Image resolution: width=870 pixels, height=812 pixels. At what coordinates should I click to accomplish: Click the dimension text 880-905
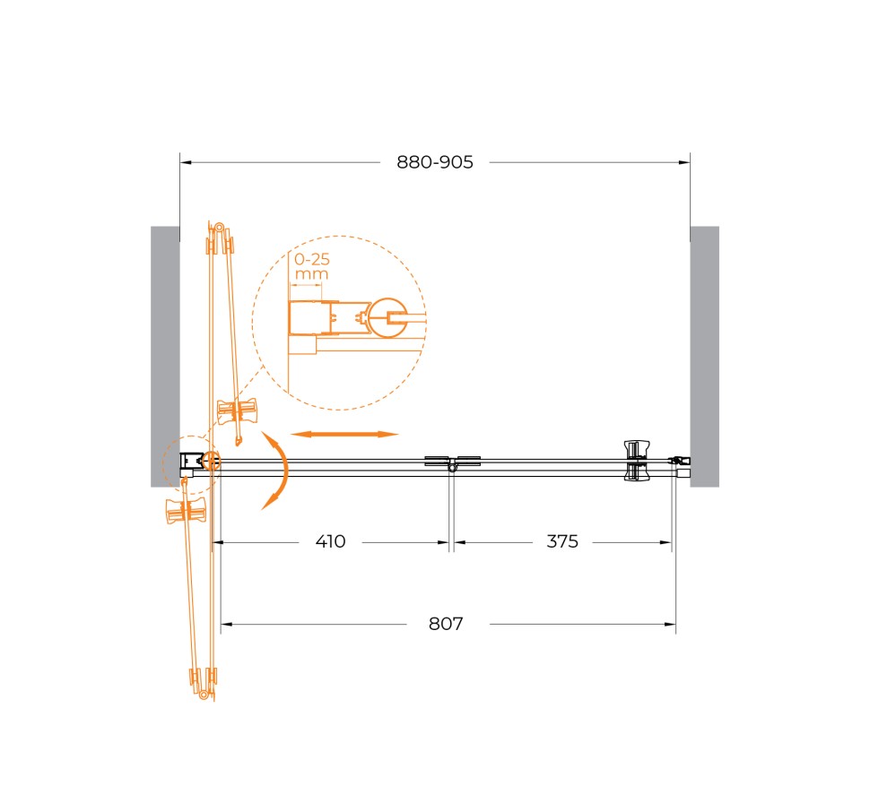[435, 162]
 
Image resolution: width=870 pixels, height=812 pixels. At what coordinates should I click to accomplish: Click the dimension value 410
[330, 542]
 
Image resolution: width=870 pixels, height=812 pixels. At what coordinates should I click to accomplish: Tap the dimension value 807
[445, 625]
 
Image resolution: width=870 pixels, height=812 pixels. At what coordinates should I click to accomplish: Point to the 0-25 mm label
[311, 267]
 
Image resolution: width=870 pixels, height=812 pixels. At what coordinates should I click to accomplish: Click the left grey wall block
[165, 356]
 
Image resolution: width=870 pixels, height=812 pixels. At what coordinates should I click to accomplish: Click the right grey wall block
[704, 356]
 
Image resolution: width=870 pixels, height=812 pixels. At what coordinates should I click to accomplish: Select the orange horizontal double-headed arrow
[344, 434]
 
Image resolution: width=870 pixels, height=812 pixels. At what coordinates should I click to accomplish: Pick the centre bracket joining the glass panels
[452, 463]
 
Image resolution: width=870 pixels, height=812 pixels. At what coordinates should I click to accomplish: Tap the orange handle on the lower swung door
[187, 510]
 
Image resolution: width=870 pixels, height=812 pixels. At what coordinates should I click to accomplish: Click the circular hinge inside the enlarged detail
[389, 317]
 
